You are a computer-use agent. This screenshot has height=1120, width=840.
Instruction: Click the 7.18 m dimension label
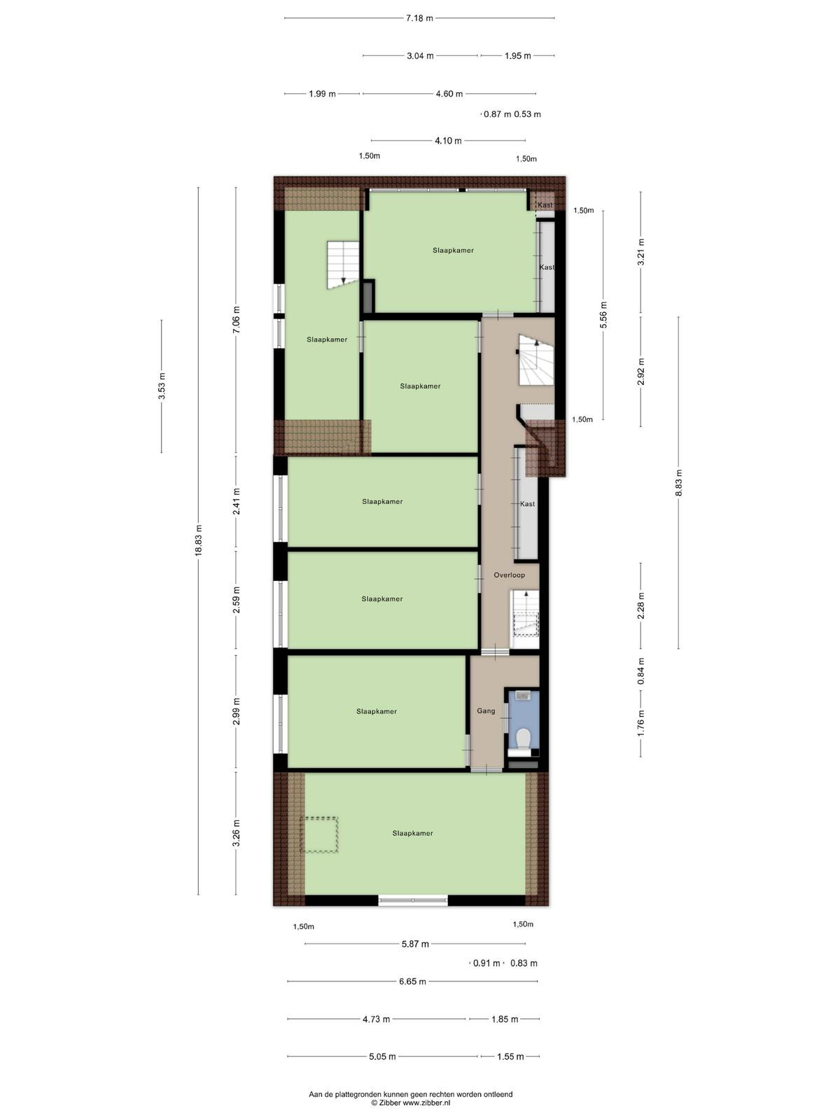419,18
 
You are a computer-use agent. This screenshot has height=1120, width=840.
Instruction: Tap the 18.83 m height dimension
198,541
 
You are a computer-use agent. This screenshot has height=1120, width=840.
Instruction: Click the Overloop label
509,575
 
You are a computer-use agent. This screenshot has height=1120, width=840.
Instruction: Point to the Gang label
486,710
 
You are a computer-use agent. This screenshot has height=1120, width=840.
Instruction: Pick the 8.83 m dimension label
678,483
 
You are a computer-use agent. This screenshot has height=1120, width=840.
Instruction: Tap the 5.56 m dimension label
603,315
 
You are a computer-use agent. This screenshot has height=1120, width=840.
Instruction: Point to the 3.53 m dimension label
162,386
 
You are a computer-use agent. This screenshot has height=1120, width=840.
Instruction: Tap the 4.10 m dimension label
448,141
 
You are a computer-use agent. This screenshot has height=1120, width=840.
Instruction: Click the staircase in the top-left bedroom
343,265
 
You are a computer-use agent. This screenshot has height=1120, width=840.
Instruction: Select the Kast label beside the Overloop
527,503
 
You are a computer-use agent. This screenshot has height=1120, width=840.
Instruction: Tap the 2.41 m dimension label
236,502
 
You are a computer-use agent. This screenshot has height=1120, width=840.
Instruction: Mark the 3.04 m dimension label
420,55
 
